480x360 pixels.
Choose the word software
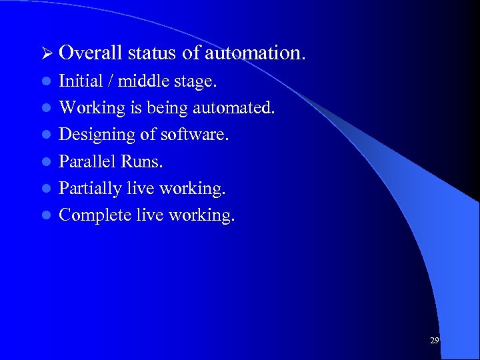click(195, 135)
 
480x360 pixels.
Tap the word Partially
click(85, 189)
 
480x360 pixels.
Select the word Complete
click(90, 216)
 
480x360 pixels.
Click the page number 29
click(434, 341)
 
